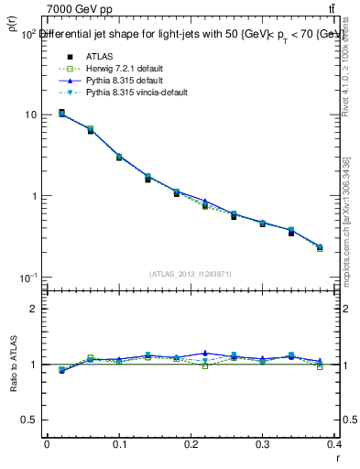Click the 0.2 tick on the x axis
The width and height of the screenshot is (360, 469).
pyautogui.click(x=191, y=445)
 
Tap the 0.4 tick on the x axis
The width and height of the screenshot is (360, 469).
pyautogui.click(x=335, y=445)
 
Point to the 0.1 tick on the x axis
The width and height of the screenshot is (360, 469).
pyautogui.click(x=119, y=445)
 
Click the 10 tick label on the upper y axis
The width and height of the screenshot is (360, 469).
pyautogui.click(x=31, y=115)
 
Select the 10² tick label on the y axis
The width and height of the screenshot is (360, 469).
pyautogui.click(x=29, y=34)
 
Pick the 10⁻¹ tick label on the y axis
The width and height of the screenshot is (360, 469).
pyautogui.click(x=28, y=278)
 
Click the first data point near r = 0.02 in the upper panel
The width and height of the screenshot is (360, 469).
pyautogui.click(x=61, y=113)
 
